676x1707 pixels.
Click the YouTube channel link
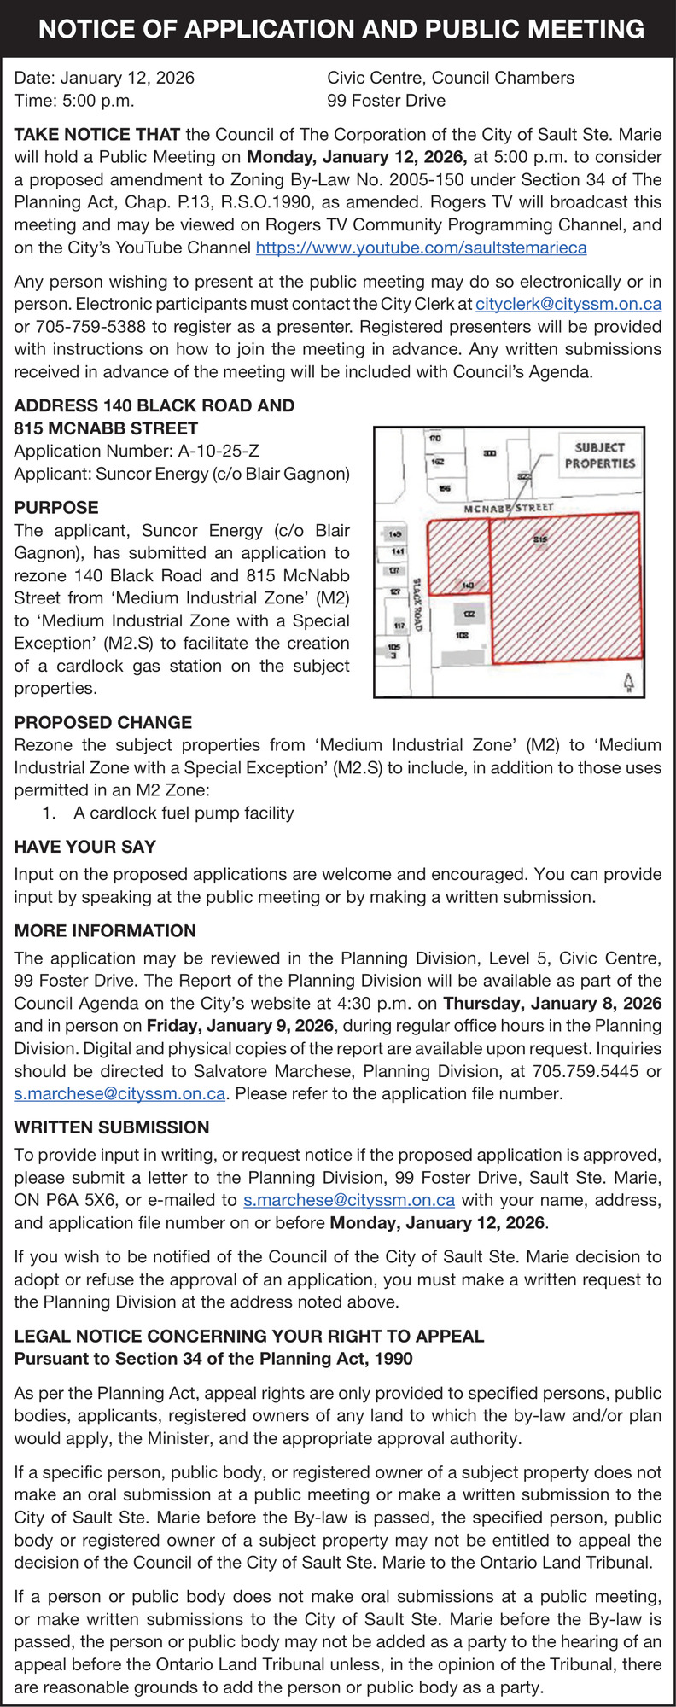tap(421, 248)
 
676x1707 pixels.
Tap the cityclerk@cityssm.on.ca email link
tap(568, 305)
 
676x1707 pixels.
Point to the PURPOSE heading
tap(56, 508)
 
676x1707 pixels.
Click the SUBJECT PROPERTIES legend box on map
tap(599, 455)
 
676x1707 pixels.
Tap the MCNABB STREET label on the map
tap(509, 508)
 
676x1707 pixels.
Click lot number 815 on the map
tap(540, 539)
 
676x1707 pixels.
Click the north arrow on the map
tap(629, 681)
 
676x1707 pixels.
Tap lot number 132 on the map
tap(469, 615)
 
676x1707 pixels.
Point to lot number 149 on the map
tap(394, 534)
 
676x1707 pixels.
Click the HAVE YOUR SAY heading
tap(85, 847)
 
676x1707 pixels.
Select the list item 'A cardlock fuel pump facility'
tap(184, 813)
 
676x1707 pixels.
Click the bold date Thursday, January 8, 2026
tap(552, 1004)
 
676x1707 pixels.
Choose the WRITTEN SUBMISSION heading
tap(112, 1127)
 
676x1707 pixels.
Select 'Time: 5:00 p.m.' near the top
tap(74, 101)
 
